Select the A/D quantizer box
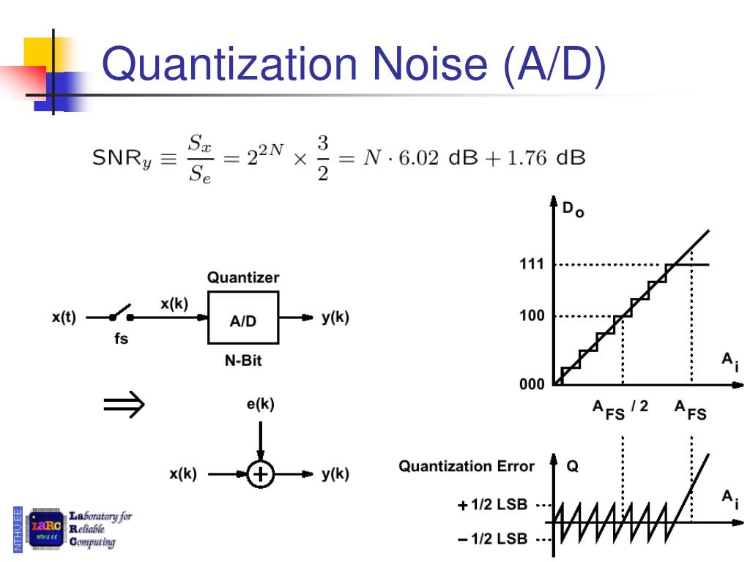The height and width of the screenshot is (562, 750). coord(243,318)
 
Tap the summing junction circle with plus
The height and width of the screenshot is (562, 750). coord(260,474)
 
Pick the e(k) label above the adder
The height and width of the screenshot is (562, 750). coord(260,404)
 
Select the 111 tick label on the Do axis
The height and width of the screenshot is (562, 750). coord(532,264)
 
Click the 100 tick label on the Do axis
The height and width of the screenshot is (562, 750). coord(532,317)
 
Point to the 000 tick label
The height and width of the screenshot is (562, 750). coord(532,385)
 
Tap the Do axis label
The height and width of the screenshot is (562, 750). coord(573,211)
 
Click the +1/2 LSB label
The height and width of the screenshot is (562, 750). coord(492,505)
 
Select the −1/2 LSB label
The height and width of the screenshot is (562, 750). coord(492,539)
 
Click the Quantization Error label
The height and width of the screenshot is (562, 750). coord(467,466)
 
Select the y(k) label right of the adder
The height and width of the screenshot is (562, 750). coord(335,474)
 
